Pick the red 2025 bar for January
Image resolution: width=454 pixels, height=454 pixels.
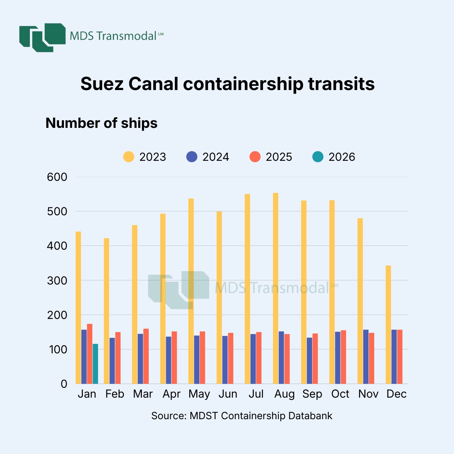[90, 354]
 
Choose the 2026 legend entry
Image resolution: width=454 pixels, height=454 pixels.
[334, 157]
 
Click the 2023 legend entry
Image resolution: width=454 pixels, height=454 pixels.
[145, 157]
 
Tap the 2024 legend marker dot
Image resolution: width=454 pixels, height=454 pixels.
[192, 157]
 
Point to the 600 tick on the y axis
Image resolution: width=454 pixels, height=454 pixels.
[57, 177]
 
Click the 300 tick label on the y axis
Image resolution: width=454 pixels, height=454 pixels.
[57, 281]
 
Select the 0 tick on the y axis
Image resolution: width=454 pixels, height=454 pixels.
[64, 384]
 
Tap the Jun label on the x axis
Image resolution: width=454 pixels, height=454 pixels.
[228, 394]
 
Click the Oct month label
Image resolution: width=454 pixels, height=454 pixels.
[340, 394]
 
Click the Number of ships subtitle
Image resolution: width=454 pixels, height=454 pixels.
[101, 123]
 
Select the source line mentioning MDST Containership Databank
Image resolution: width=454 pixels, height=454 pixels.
[242, 416]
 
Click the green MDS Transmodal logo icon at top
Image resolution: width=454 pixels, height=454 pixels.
[42, 37]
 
